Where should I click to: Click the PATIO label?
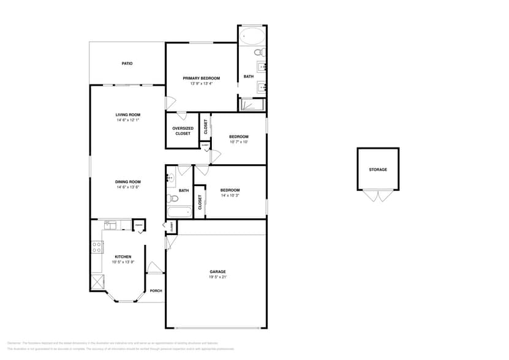(127, 64)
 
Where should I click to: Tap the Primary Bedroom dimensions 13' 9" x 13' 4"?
(202, 83)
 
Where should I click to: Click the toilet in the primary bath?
(259, 51)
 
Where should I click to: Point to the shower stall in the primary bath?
(251, 105)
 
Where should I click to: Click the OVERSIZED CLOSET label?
(183, 131)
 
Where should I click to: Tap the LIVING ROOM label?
(128, 114)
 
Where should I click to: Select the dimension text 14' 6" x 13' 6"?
(128, 187)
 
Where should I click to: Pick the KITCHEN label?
(123, 257)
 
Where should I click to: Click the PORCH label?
(156, 291)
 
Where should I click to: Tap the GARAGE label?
(217, 271)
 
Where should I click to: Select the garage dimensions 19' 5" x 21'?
(217, 277)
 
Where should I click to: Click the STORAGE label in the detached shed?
(378, 170)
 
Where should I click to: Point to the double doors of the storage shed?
(378, 196)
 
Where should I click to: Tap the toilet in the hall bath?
(174, 198)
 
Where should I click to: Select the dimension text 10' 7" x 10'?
(239, 142)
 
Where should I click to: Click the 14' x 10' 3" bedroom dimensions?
(230, 195)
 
